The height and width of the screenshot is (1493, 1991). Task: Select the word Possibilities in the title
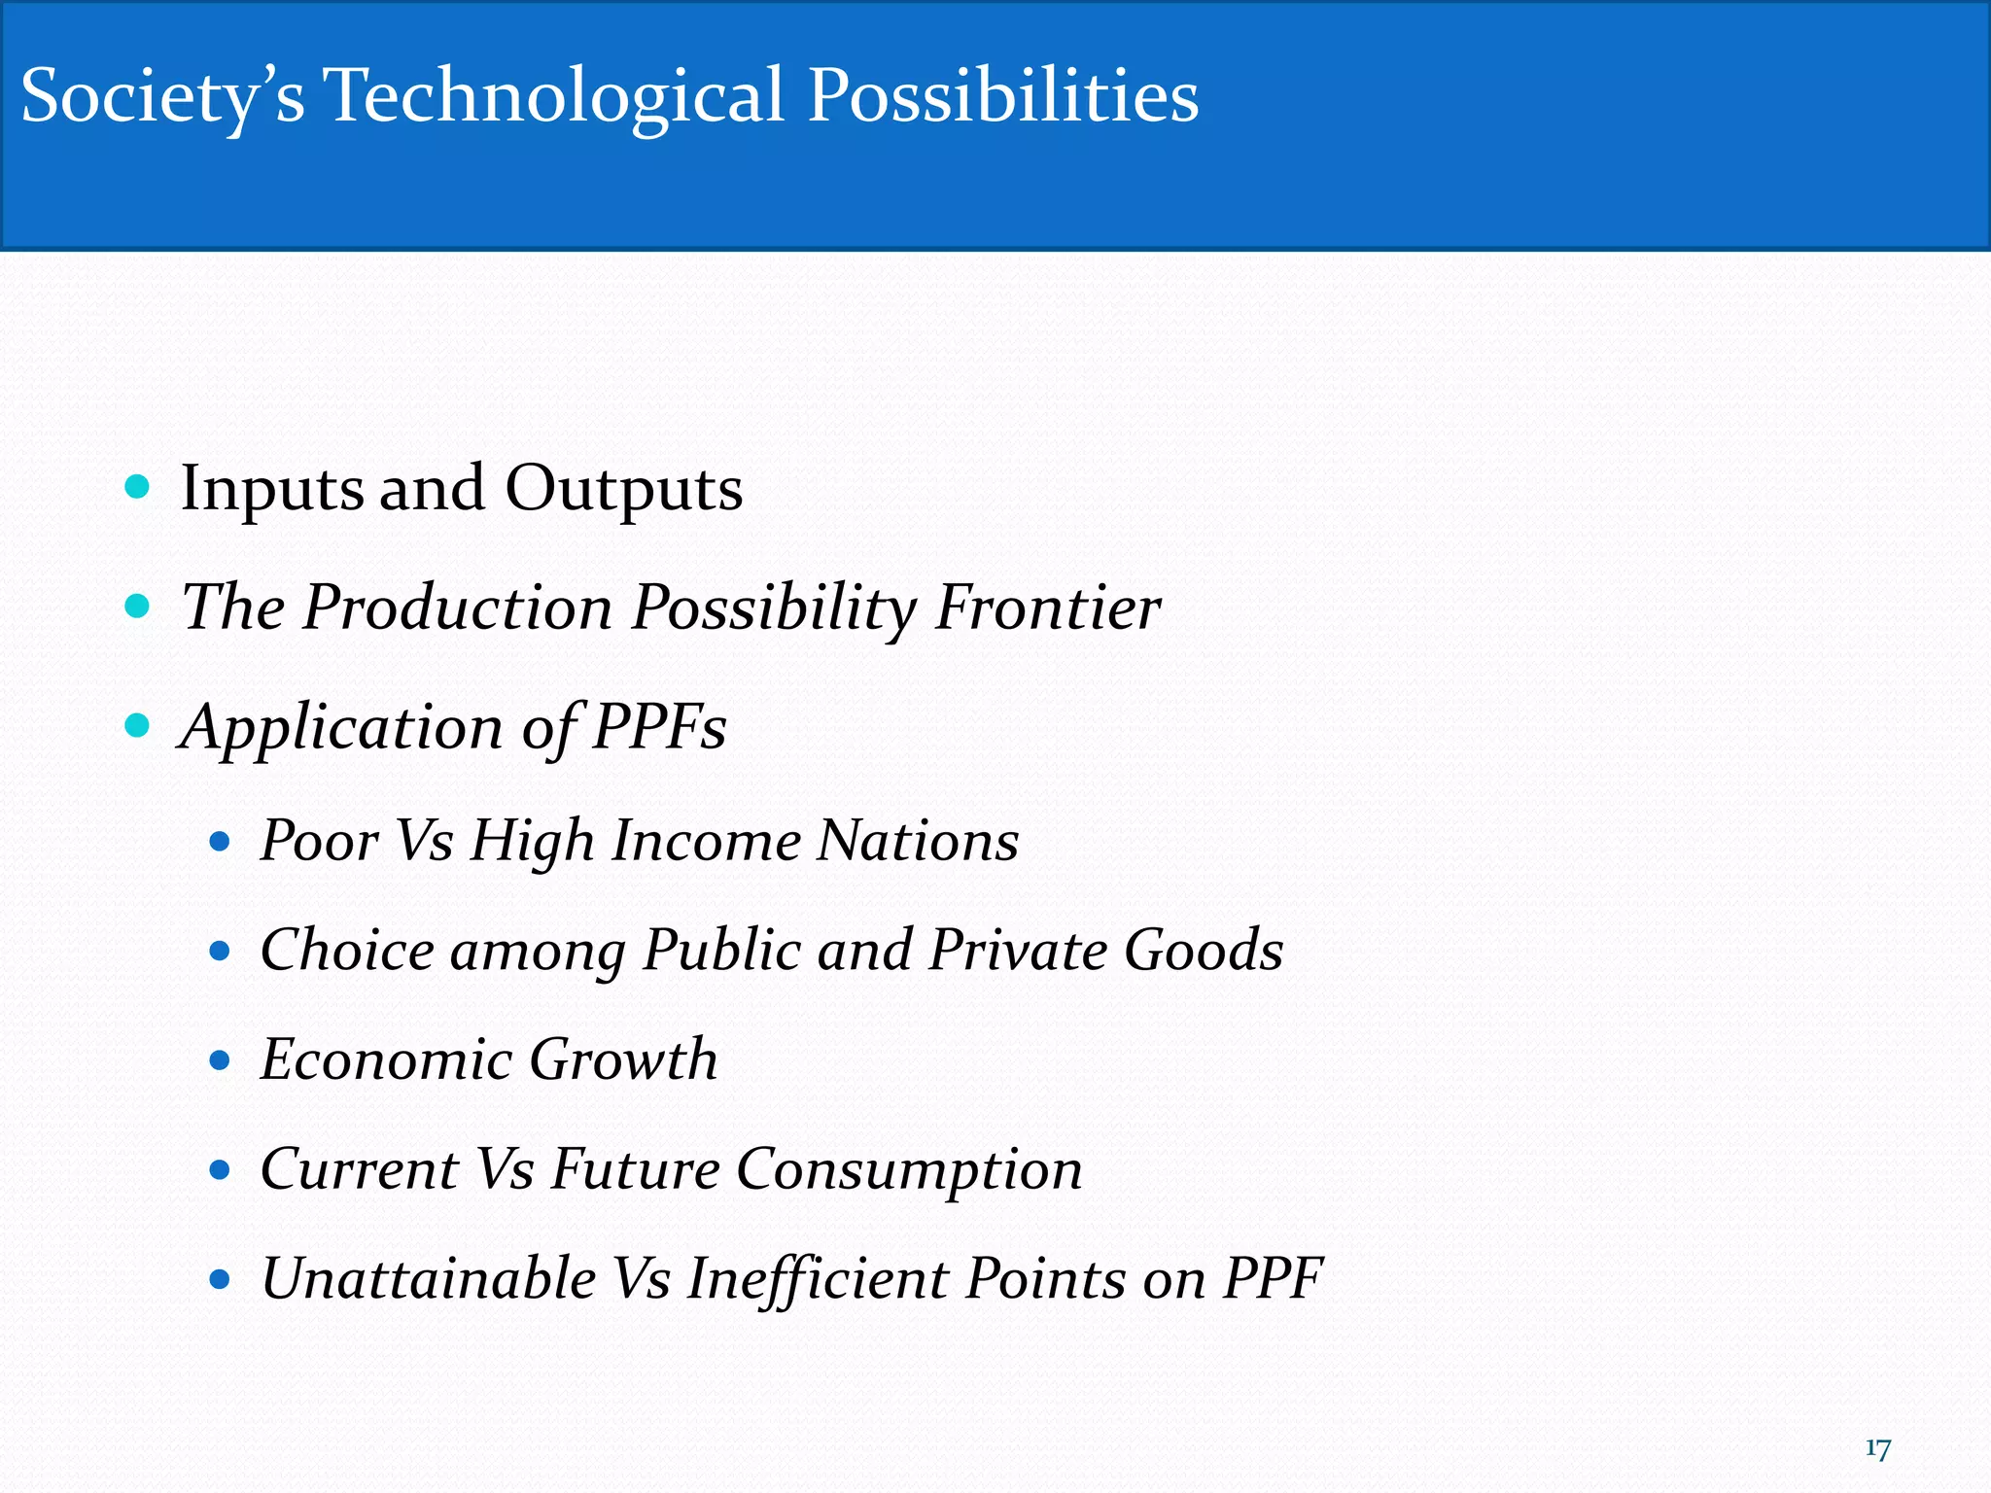(x=1002, y=97)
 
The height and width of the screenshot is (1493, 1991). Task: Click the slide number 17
(x=1877, y=1449)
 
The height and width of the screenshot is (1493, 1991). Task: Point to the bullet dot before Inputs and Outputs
(x=138, y=486)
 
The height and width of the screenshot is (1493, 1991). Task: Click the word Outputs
(x=623, y=488)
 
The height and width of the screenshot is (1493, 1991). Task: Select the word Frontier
(x=1047, y=608)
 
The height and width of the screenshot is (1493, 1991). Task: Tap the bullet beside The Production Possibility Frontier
(x=138, y=607)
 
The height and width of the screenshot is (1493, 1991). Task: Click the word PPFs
(x=658, y=727)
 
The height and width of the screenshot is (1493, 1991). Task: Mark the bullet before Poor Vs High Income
(x=220, y=841)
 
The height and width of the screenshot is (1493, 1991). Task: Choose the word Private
(x=1017, y=950)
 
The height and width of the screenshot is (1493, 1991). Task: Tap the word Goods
(x=1204, y=950)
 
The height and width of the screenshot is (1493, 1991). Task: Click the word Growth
(x=623, y=1059)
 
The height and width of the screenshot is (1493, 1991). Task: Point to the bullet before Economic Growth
(x=220, y=1059)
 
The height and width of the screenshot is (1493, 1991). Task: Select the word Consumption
(x=909, y=1169)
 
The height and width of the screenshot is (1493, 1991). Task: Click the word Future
(x=636, y=1168)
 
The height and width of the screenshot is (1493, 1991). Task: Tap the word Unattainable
(x=429, y=1278)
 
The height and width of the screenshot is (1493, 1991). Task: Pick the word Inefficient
(x=817, y=1278)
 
